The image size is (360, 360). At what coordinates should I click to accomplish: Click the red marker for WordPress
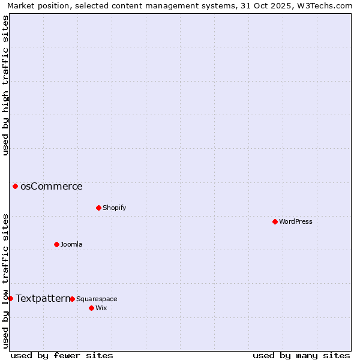(275, 221)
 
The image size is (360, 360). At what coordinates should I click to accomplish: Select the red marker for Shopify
(98, 208)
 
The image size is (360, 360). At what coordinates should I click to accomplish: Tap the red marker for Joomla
(56, 244)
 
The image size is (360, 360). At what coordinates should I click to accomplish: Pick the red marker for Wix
(91, 308)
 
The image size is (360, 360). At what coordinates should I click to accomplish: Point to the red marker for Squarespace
(72, 299)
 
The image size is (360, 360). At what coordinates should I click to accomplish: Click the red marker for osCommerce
(15, 186)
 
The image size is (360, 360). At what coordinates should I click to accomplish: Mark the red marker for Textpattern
(10, 298)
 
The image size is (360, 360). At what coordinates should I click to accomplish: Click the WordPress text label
(296, 221)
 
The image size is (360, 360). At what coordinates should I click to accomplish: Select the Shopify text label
(115, 208)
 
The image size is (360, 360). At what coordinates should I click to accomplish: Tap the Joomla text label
(71, 244)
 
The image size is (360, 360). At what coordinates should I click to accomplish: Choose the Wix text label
(101, 308)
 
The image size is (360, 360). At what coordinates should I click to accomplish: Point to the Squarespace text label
(97, 299)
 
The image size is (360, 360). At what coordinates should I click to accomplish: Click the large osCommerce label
(52, 186)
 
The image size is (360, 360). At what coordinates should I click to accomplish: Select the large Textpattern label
(43, 298)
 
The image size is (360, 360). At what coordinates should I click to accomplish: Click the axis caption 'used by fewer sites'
(62, 355)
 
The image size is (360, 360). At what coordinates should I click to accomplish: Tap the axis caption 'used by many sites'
(301, 355)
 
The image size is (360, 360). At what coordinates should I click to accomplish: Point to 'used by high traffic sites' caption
(6, 85)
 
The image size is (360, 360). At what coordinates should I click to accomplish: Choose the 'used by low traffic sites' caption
(6, 281)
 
